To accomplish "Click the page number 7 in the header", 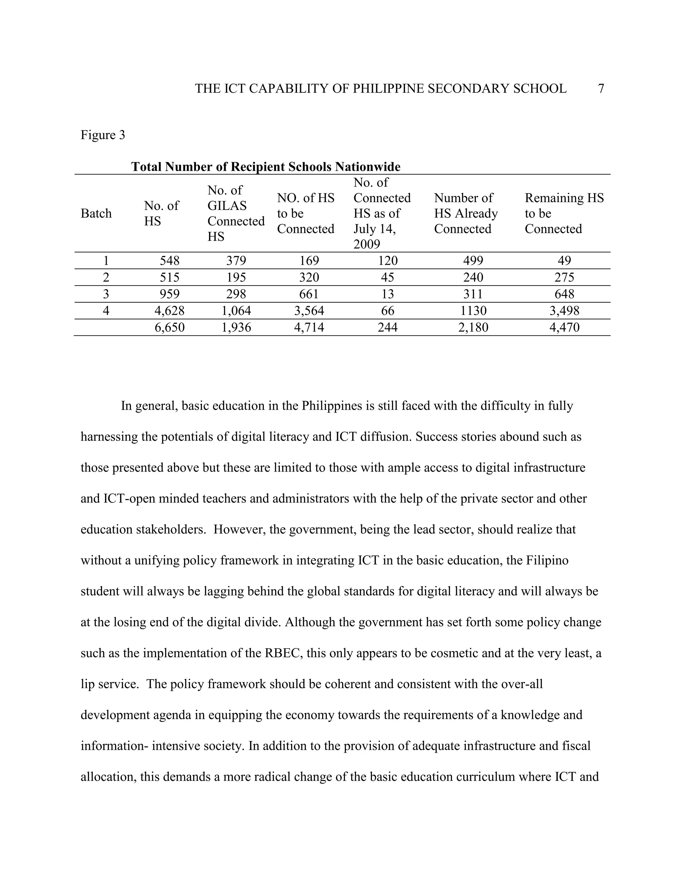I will click(601, 89).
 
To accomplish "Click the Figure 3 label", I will click(103, 135).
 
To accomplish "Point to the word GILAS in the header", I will click(227, 206).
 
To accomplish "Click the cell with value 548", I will click(169, 261).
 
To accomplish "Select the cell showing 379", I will click(236, 261).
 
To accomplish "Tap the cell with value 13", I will click(388, 294).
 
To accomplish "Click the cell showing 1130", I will click(473, 311).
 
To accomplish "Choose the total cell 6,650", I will click(169, 328).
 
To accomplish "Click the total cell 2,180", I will click(473, 328).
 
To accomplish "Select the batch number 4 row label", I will click(106, 311).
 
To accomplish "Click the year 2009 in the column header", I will click(367, 244).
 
